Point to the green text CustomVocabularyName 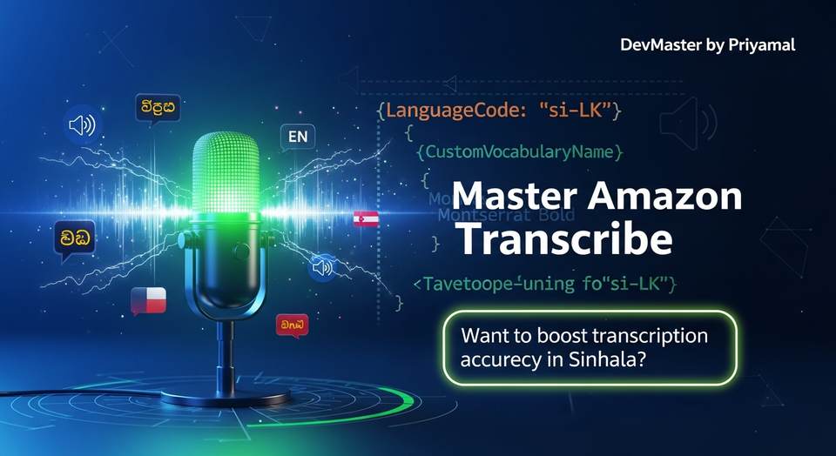click(520, 152)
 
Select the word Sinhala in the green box click(609, 357)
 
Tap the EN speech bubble click(298, 137)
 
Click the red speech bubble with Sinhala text click(291, 325)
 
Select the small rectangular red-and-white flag click(366, 218)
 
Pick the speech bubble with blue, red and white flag click(148, 300)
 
